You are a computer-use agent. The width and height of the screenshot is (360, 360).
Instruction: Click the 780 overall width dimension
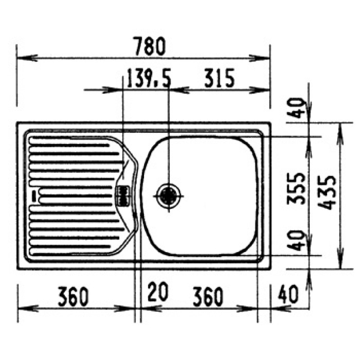coord(150,46)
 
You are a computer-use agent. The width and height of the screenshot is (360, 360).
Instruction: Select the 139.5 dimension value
coord(148,78)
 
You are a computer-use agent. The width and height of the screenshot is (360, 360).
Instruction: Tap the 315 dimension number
coord(219,78)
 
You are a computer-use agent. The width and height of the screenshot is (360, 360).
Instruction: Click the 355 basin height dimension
coord(297,189)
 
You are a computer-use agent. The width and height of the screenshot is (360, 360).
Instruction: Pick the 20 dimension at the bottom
coord(158,292)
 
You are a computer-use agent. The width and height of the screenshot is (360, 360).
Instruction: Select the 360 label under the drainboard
coord(73,297)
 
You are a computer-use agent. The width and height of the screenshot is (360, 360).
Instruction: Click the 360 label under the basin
coord(208,297)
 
